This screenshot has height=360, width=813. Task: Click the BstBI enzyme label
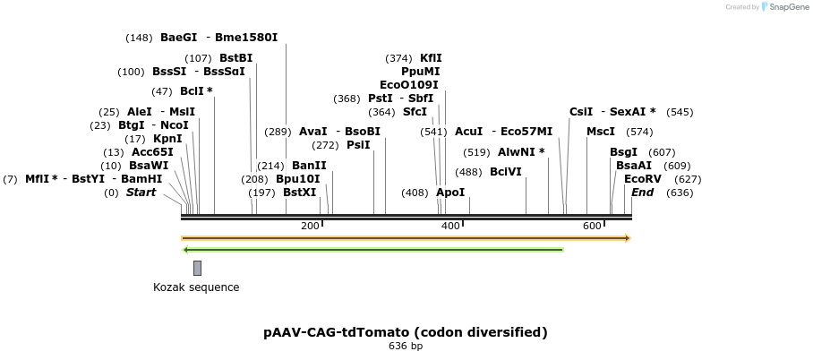pos(236,58)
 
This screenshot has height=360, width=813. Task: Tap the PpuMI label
pos(420,72)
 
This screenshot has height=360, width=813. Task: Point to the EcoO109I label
pos(409,85)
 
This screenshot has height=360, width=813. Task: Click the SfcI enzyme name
pos(415,112)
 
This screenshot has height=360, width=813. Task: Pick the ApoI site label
pos(450,193)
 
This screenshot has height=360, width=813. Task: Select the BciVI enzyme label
pos(506,172)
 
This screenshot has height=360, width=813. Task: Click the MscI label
pos(601,132)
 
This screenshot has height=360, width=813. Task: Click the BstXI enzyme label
pos(299,193)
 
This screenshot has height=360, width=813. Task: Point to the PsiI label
pos(358,145)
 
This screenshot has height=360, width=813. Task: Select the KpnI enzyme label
pos(167,139)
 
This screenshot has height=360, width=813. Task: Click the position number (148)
pos(139,38)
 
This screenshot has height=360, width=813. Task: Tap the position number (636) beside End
pos(680,193)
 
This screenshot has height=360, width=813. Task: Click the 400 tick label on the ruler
pos(451,226)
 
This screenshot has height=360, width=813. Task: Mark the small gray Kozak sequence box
pos(197,268)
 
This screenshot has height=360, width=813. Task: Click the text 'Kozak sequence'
pos(196,287)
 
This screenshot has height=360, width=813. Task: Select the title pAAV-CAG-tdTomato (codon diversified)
pos(406,332)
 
